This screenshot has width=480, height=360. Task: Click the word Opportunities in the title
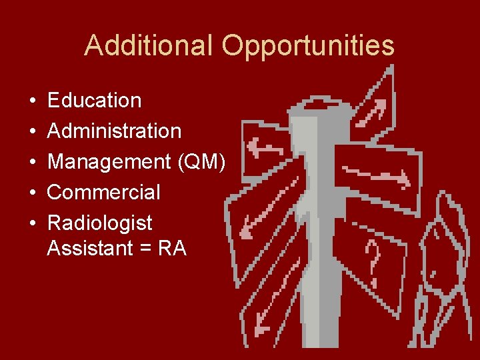(x=308, y=46)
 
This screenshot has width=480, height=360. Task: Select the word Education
(x=95, y=101)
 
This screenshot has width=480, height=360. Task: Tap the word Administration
(x=115, y=131)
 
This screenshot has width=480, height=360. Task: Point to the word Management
(x=109, y=162)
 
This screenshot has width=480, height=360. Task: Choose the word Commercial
(x=104, y=193)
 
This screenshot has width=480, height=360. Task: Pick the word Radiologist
(x=100, y=223)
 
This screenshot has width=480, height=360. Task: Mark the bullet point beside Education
(x=33, y=101)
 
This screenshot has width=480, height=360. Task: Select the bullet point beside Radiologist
(x=33, y=223)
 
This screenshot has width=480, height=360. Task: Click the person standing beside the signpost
(x=443, y=267)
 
